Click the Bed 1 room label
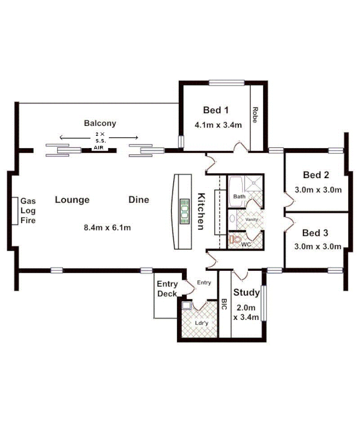pos(216,111)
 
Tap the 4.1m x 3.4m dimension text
pos(218,126)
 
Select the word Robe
pos(255,115)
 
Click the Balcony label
pos(100,123)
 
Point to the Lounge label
pos(72,200)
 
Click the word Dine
pos(139,200)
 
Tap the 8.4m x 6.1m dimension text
pos(107,228)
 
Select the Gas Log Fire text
pos(28,210)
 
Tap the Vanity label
pos(251,219)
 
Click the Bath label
pos(239,197)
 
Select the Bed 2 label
pos(316,175)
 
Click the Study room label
pos(246,292)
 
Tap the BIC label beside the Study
pos(224,306)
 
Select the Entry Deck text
pos(167,289)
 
